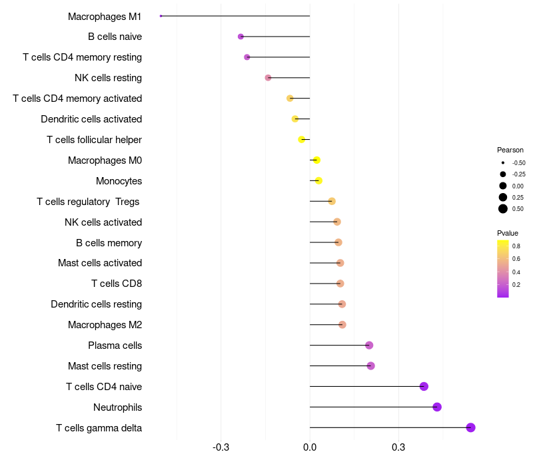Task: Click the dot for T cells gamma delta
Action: click(470, 427)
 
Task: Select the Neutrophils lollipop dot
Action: click(437, 407)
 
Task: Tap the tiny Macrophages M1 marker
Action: click(161, 15)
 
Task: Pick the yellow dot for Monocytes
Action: click(318, 180)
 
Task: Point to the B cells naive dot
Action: click(241, 37)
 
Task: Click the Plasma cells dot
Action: click(369, 345)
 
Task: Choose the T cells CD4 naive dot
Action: click(424, 386)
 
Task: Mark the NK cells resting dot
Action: click(268, 77)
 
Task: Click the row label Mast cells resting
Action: click(105, 366)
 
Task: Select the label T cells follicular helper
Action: click(94, 140)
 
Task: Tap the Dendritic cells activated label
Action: click(91, 119)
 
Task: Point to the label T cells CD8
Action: click(117, 284)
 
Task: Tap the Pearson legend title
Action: click(510, 150)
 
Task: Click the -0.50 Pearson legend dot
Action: click(503, 162)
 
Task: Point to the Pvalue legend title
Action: click(508, 233)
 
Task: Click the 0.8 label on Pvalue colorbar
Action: click(516, 246)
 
